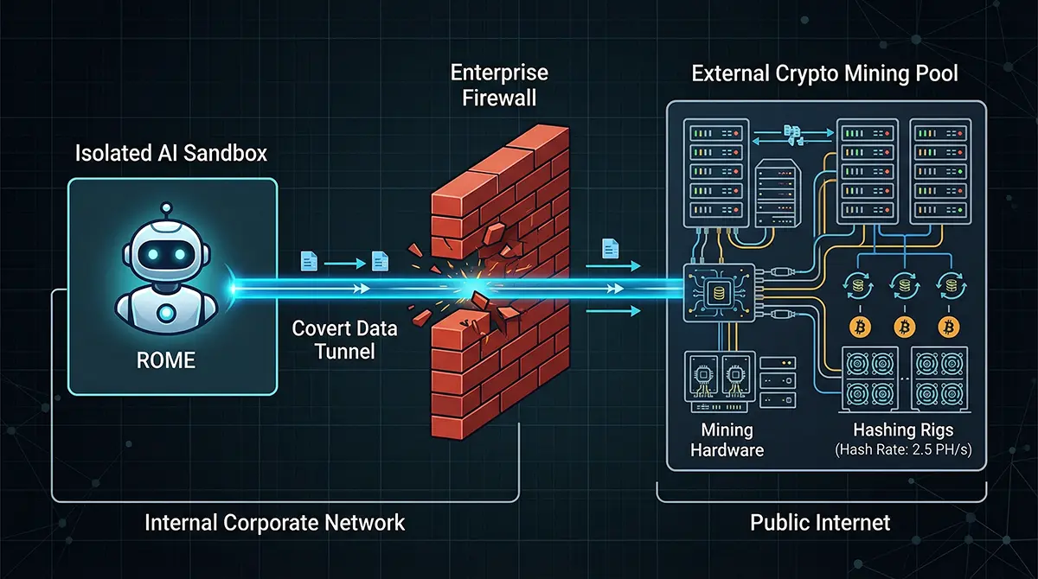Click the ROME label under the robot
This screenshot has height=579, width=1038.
pyautogui.click(x=166, y=359)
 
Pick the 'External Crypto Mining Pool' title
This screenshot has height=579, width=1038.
pyautogui.click(x=824, y=73)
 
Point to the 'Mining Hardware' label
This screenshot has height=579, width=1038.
pyautogui.click(x=727, y=440)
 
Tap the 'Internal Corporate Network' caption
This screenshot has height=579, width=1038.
pyautogui.click(x=274, y=522)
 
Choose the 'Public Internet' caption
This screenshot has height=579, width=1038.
pyautogui.click(x=820, y=522)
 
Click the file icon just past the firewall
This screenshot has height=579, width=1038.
pyautogui.click(x=610, y=249)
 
